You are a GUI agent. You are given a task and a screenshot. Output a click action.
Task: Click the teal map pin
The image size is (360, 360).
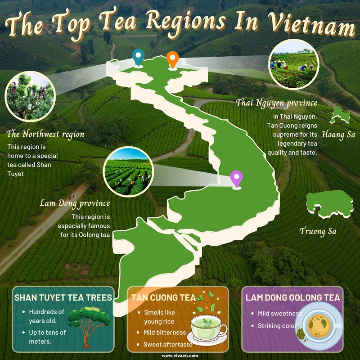[138, 58]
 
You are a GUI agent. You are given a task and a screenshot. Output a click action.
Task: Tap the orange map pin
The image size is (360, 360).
[172, 59]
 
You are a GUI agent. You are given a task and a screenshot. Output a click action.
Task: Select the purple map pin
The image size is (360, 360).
[236, 178]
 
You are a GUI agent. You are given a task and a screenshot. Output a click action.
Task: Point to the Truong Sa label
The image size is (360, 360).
[319, 231]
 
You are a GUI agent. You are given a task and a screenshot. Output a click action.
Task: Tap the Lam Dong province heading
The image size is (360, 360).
[75, 203]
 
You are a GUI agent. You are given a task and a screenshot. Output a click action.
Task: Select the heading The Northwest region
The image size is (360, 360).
[45, 134]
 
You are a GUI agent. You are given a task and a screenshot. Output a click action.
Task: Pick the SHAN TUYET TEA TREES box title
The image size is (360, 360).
[63, 298]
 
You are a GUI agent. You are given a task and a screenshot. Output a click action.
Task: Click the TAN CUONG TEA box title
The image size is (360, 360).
[163, 297]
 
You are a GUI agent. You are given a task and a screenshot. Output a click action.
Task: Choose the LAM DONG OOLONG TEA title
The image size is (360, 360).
[292, 298]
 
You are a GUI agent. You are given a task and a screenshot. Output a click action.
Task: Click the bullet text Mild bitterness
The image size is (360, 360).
[165, 333]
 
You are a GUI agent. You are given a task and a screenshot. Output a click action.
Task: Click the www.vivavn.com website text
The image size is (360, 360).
[180, 355]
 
